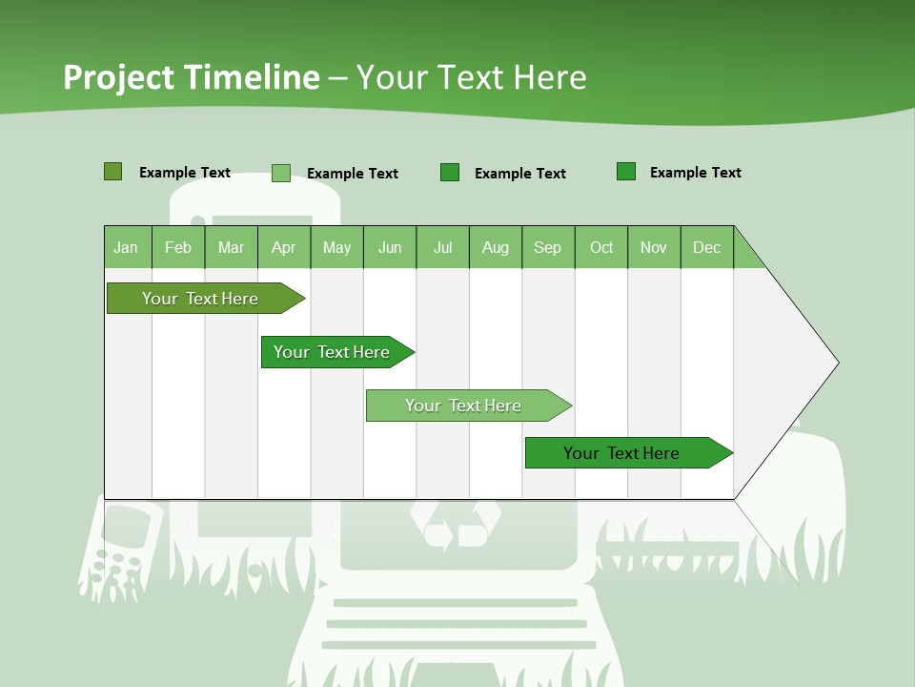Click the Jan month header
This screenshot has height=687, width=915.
pyautogui.click(x=126, y=248)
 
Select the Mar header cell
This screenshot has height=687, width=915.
pyautogui.click(x=231, y=248)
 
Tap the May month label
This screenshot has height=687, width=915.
pyautogui.click(x=336, y=248)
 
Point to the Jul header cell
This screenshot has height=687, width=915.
pyautogui.click(x=442, y=248)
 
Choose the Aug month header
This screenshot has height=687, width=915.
pyautogui.click(x=495, y=248)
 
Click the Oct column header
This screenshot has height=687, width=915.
pyautogui.click(x=601, y=248)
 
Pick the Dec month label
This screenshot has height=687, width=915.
pyautogui.click(x=706, y=248)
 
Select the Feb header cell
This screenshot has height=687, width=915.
pyautogui.click(x=178, y=248)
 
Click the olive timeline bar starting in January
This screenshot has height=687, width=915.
pyautogui.click(x=200, y=299)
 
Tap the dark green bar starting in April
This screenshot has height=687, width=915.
pyautogui.click(x=332, y=352)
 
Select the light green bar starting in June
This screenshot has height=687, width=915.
pyautogui.click(x=463, y=406)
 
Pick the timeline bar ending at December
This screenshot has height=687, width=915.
pyautogui.click(x=621, y=453)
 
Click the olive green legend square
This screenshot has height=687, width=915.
pyautogui.click(x=113, y=172)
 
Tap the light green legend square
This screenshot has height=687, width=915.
pyautogui.click(x=281, y=173)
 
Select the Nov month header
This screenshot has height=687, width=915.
pyautogui.click(x=654, y=248)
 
